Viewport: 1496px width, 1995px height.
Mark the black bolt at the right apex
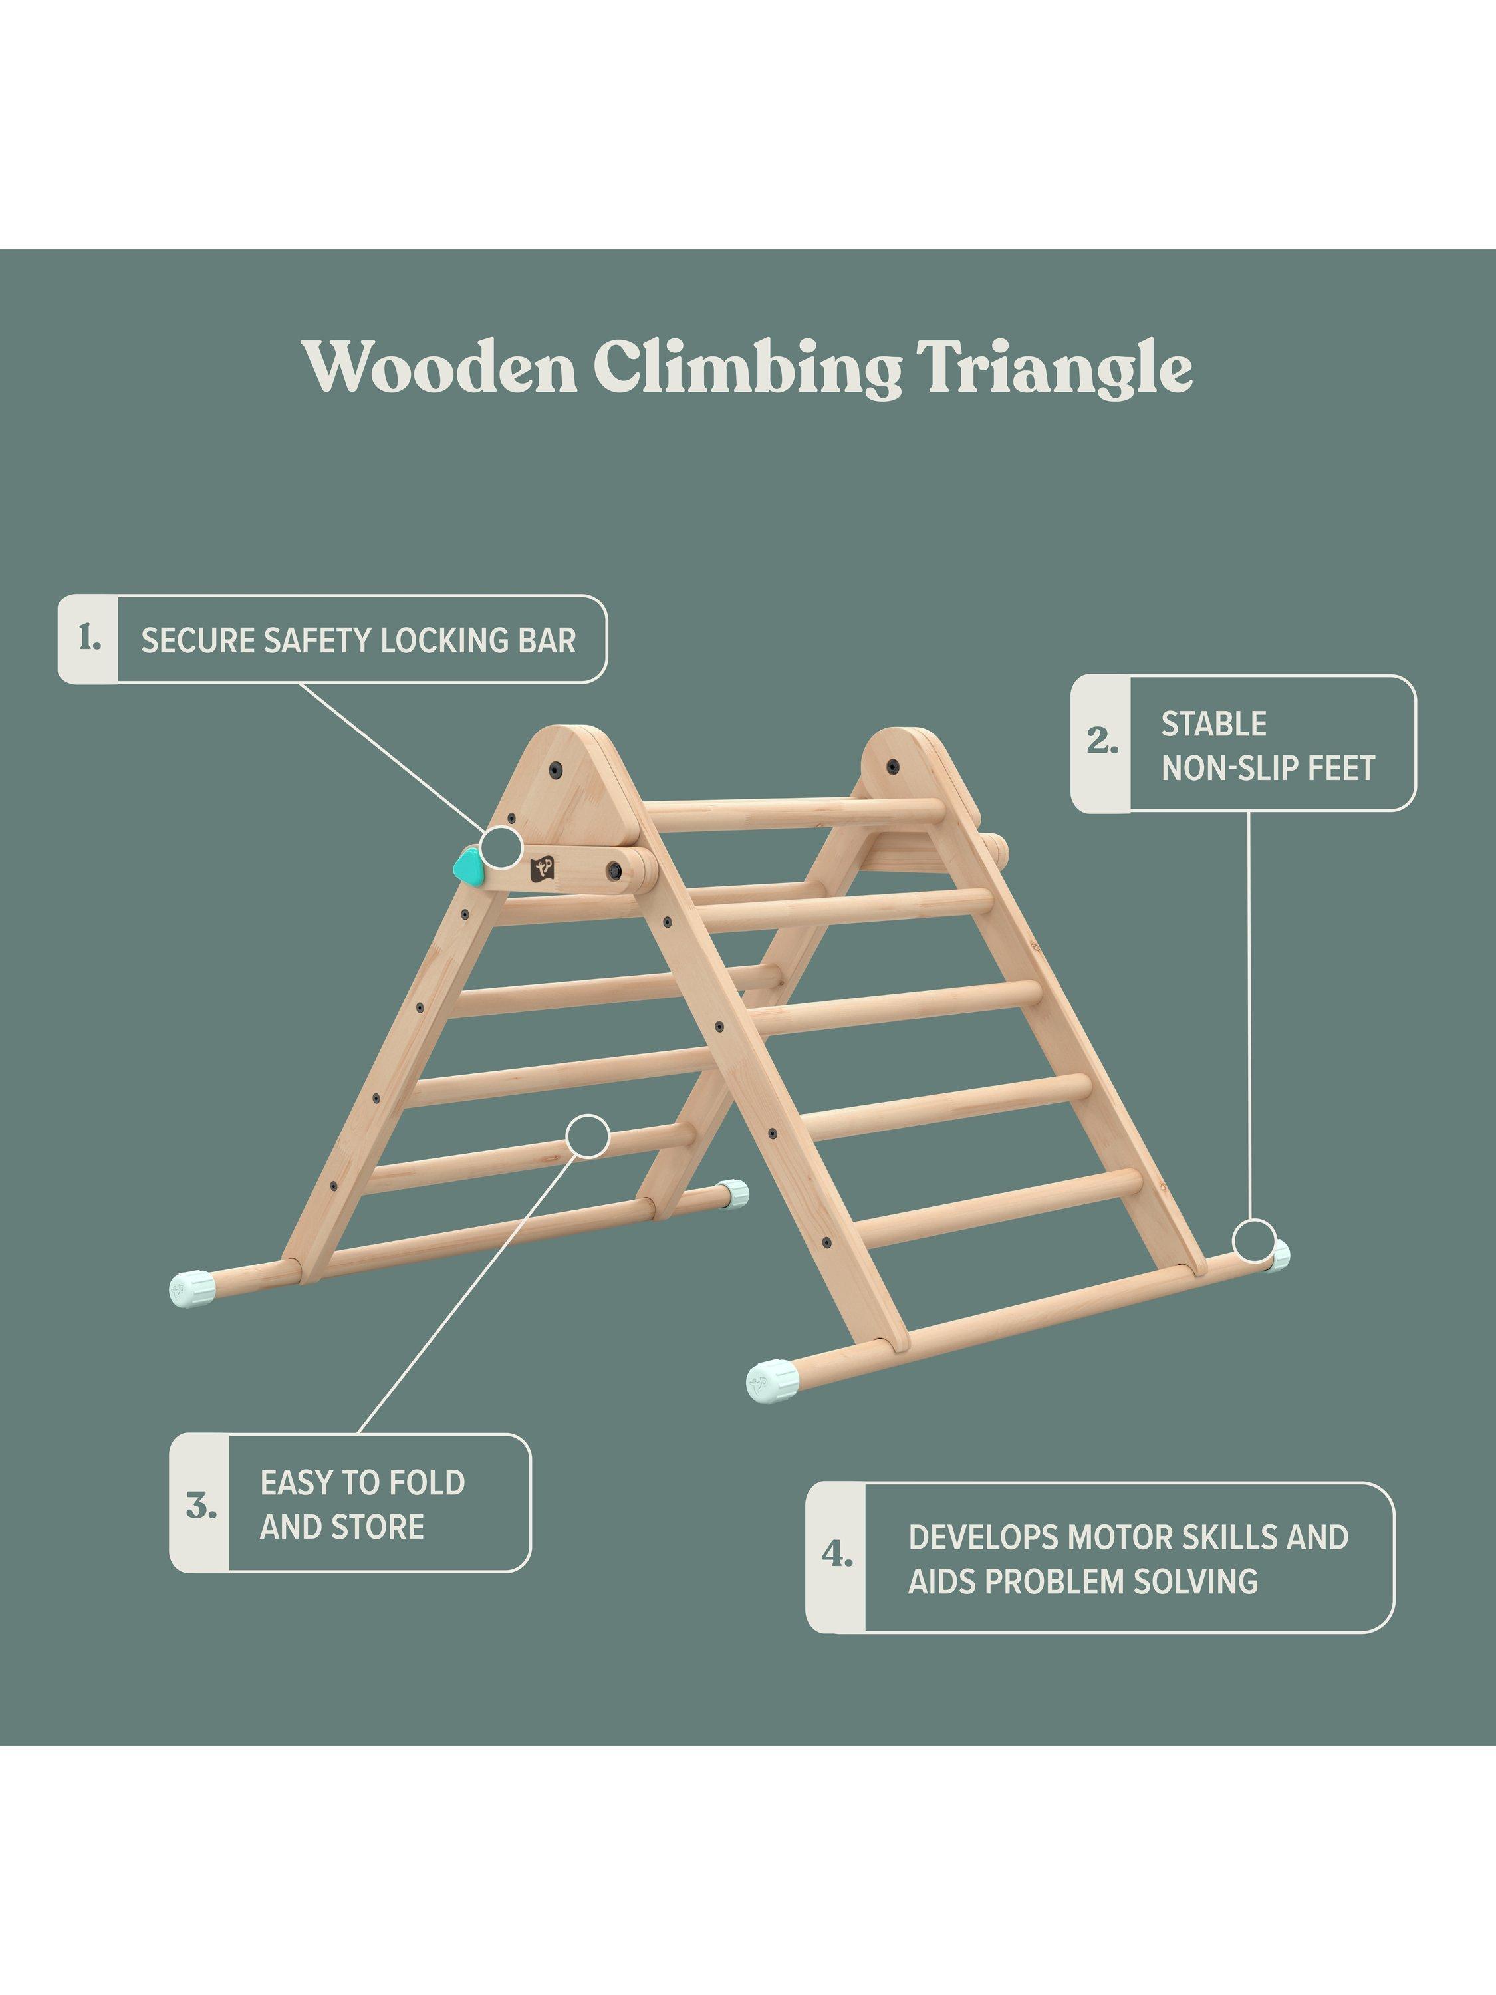click(893, 767)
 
